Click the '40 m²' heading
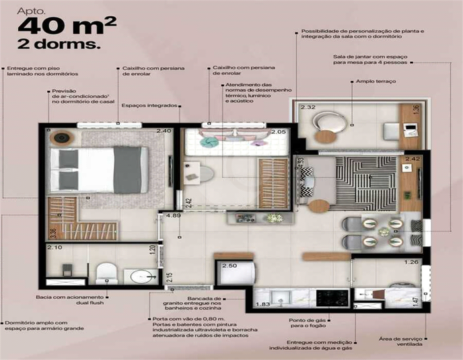(67, 26)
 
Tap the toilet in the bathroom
(106, 273)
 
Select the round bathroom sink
(141, 277)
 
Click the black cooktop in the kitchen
(332, 298)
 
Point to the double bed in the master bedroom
(99, 170)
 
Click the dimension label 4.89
(173, 215)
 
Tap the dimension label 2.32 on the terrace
(308, 107)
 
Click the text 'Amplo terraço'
(376, 81)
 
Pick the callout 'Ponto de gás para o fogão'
(308, 323)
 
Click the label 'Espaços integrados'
(149, 106)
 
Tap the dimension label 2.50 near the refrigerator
(229, 266)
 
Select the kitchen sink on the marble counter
(281, 297)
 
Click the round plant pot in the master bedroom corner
(61, 137)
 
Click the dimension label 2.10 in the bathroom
(55, 247)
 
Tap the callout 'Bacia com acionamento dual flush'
(70, 299)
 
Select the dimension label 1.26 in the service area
(411, 262)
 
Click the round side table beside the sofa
(318, 205)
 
